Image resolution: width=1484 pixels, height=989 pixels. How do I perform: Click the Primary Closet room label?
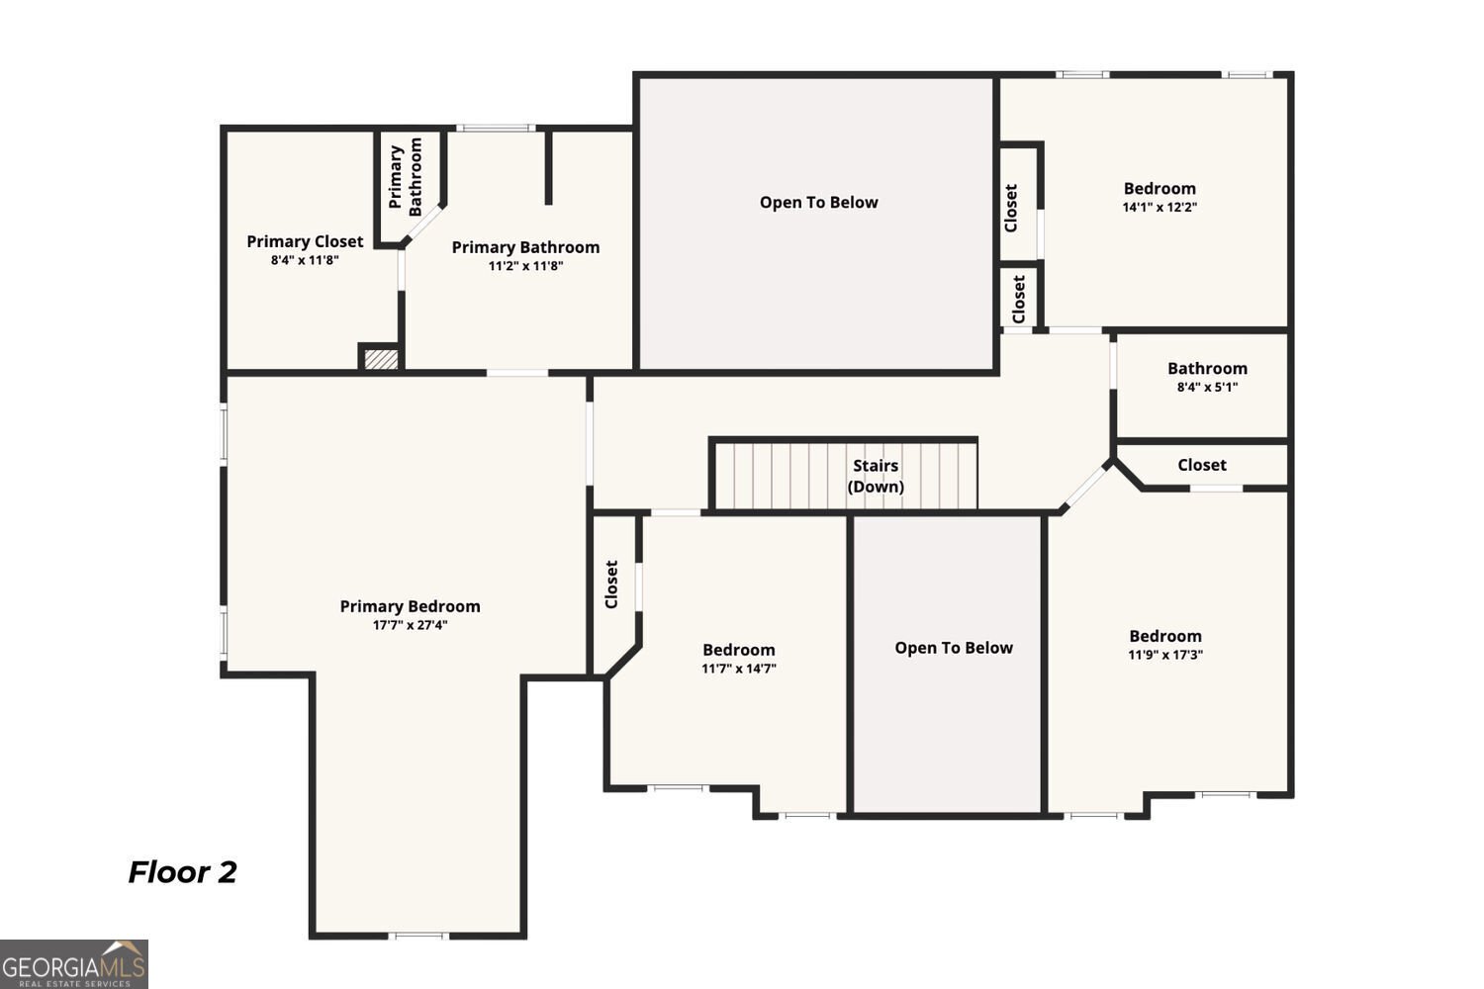point(305,241)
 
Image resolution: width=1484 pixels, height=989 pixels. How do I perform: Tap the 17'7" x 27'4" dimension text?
point(411,625)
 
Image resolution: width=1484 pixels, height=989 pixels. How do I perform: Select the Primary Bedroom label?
point(411,606)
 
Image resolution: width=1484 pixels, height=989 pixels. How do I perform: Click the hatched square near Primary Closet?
point(381,358)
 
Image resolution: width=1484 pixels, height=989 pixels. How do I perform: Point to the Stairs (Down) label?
point(876,476)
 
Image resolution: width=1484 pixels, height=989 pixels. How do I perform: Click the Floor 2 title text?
point(182,872)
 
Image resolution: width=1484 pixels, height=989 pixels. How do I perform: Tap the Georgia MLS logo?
point(74,964)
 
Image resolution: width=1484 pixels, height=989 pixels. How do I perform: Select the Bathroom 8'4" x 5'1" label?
point(1207,377)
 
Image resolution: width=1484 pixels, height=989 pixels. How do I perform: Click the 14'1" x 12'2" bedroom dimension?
point(1159,208)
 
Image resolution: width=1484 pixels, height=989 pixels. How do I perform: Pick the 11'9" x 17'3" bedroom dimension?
point(1165,655)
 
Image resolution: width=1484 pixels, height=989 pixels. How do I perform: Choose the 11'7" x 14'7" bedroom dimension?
point(739,669)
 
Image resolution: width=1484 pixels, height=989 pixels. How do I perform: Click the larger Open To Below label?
point(818,203)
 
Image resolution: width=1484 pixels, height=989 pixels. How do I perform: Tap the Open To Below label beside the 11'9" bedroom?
point(954,648)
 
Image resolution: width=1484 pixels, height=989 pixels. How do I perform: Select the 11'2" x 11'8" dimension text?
point(525,266)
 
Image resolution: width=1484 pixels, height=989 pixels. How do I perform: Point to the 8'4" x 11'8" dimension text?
point(305,260)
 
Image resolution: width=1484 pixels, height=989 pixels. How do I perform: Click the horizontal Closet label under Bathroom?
point(1201,465)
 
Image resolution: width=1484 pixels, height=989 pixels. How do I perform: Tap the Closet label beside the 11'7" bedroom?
point(611,584)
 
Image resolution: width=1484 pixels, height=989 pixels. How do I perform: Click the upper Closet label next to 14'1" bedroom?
point(1010,208)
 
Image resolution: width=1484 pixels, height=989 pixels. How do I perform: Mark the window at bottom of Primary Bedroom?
point(417,935)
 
